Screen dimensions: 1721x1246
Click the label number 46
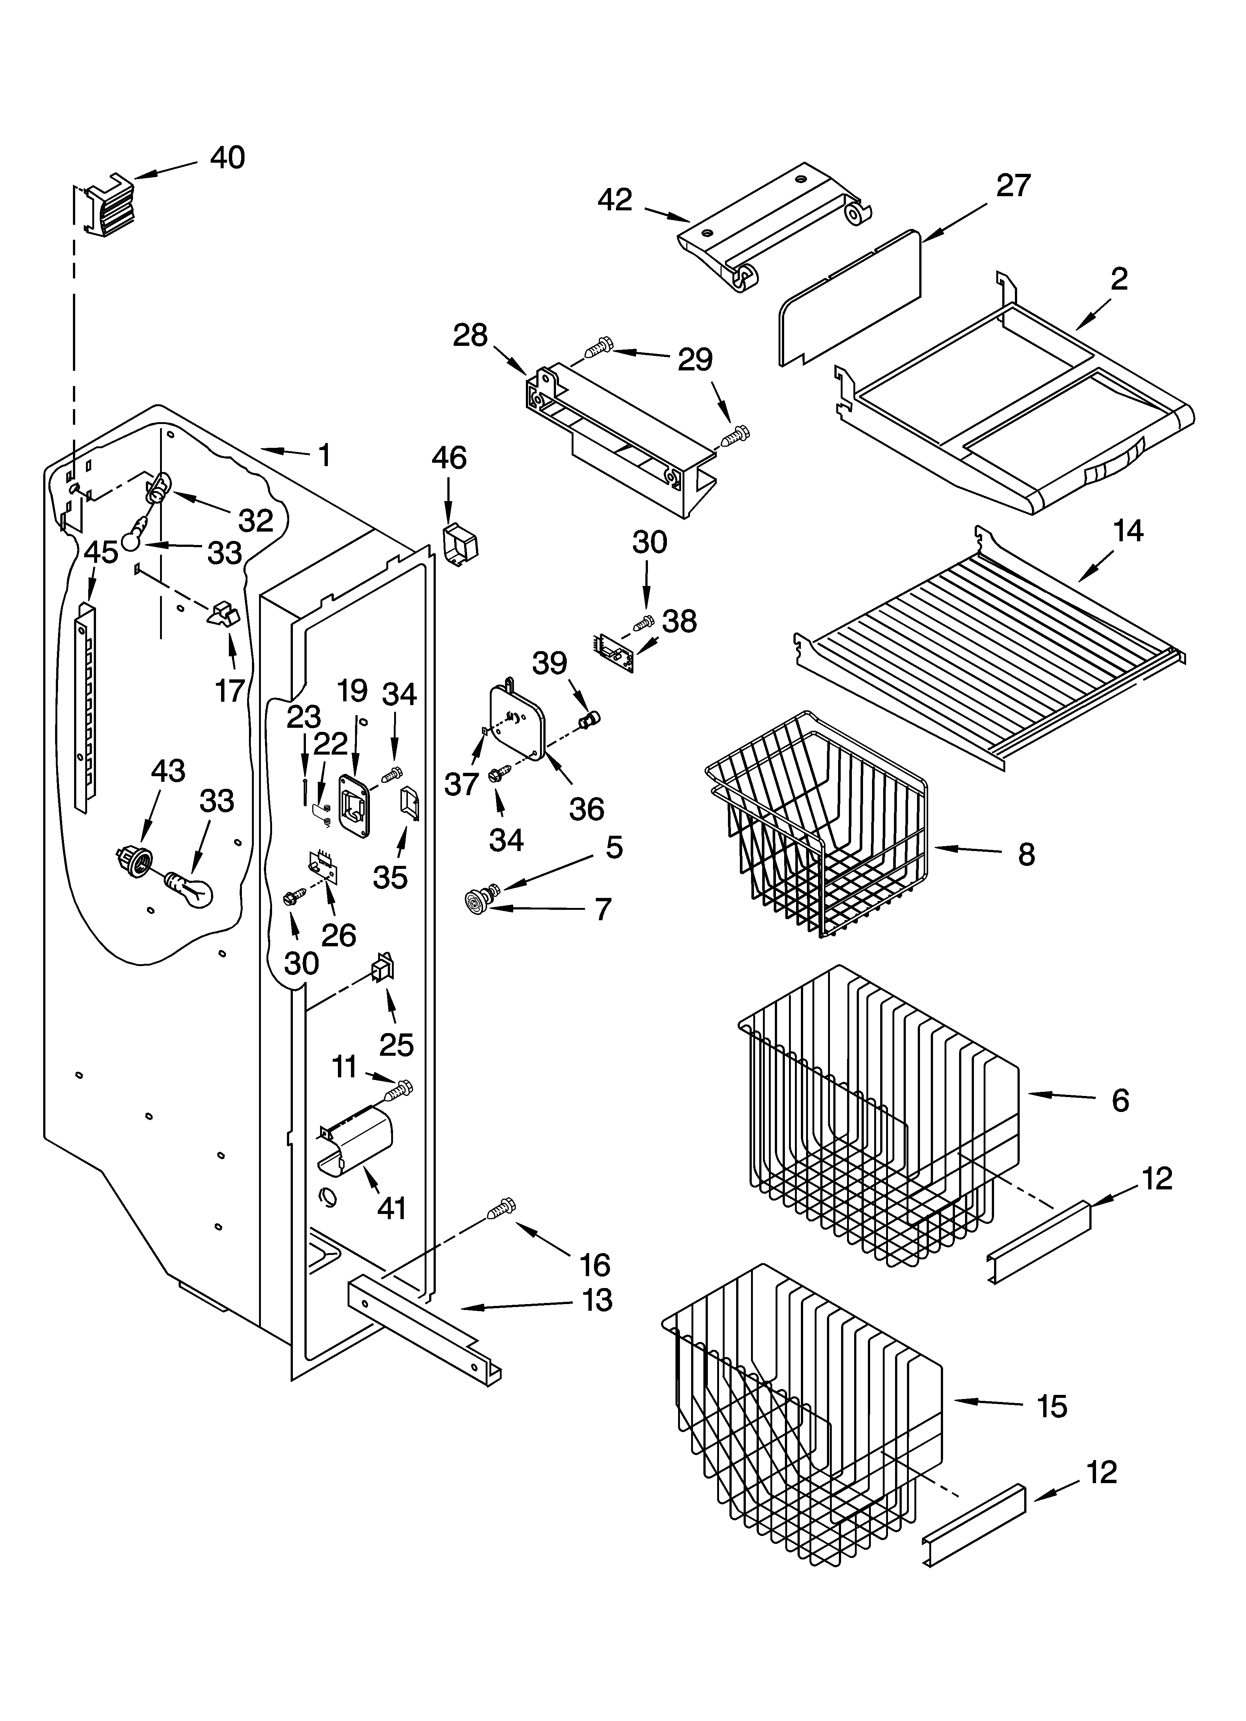(x=449, y=458)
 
